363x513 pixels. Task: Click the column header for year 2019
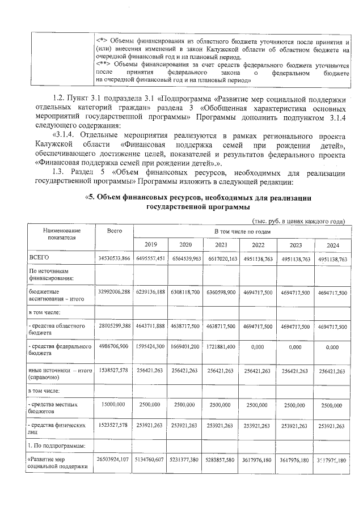point(151,245)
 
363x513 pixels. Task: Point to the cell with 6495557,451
point(151,258)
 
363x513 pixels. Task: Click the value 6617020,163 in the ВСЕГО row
point(222,258)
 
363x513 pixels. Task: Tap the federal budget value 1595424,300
point(151,346)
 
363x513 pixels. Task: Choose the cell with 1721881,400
point(222,346)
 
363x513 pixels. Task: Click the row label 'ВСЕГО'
point(39,258)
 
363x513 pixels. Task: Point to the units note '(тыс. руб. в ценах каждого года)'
point(298,221)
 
